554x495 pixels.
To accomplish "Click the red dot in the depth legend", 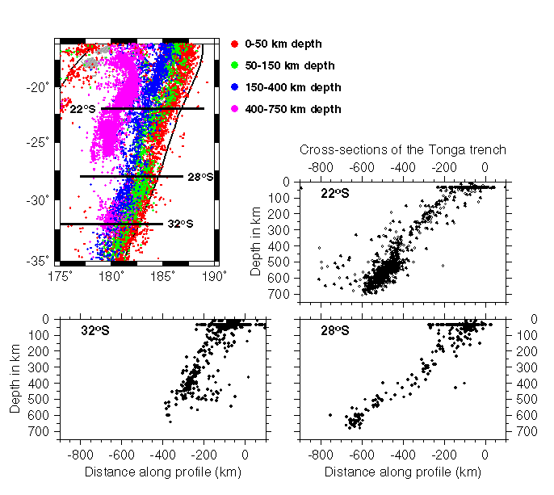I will (234, 43).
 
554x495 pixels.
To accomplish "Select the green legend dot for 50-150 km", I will (234, 65).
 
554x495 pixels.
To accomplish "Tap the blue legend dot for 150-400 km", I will (234, 86).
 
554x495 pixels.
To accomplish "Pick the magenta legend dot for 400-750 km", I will (234, 108).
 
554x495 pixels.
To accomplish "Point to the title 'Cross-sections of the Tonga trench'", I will (403, 149).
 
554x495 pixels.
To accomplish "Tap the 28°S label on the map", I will (200, 177).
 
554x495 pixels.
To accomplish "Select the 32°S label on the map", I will (180, 224).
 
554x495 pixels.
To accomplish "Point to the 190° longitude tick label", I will (214, 275).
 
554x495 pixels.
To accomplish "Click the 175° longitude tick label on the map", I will (59, 275).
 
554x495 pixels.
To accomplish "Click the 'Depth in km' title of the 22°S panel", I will (256, 241).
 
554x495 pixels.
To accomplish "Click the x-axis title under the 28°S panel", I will (403, 472).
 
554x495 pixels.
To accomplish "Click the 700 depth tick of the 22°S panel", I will (283, 294).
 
